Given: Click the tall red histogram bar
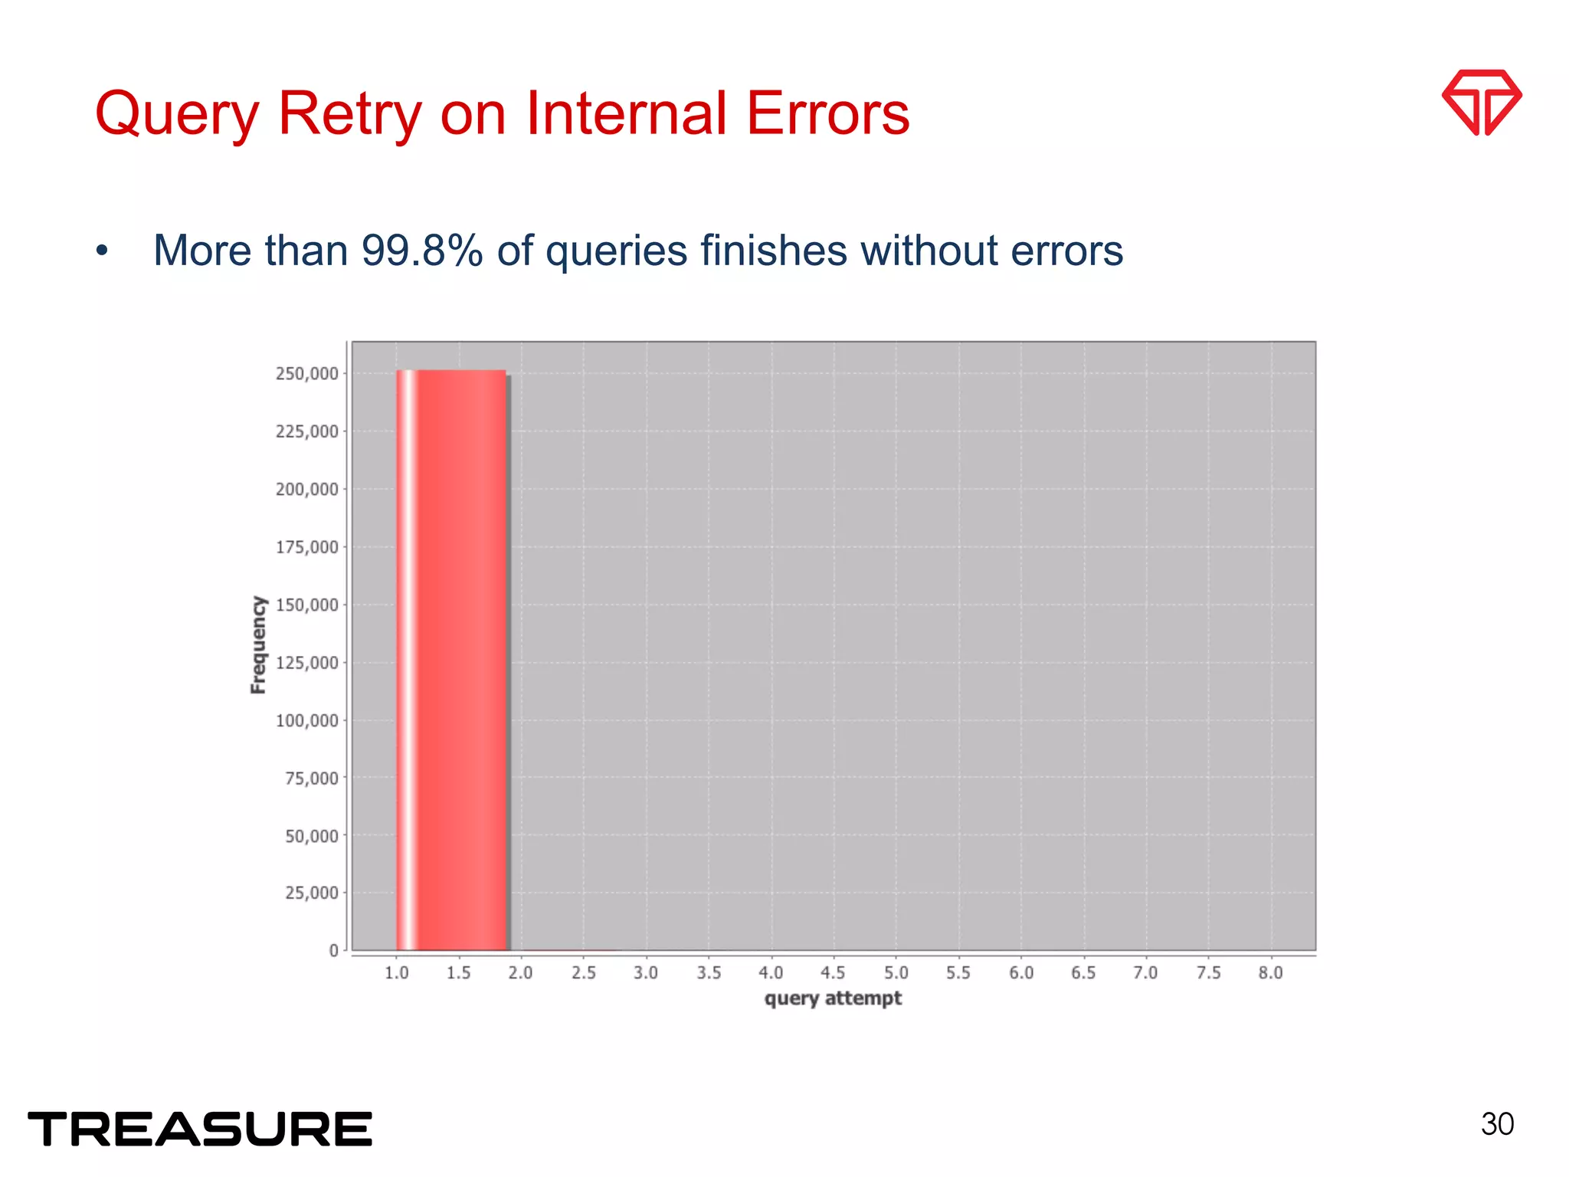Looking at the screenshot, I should [x=451, y=659].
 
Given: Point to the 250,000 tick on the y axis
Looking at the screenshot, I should [x=306, y=374].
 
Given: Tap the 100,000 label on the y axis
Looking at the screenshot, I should [x=306, y=720].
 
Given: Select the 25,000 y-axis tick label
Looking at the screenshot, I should [x=311, y=893].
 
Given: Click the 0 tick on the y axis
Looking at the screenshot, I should [x=334, y=951].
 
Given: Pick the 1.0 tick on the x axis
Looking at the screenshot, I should [x=396, y=973].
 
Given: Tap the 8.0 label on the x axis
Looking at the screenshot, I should [x=1270, y=973].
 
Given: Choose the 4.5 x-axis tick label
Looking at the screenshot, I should [x=833, y=973].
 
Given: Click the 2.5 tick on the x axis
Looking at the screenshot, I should [x=583, y=973].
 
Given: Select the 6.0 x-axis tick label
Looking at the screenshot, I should [x=1020, y=973].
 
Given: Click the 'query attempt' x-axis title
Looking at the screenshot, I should [x=833, y=998].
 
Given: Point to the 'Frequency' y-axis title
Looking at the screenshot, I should [x=259, y=644].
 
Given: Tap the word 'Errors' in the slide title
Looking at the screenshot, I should [x=827, y=113].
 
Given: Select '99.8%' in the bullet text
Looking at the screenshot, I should [x=422, y=251].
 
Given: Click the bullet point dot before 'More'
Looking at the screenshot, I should [x=103, y=251].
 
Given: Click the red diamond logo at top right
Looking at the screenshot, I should [x=1481, y=102].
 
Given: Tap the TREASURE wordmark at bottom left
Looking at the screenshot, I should [x=200, y=1129].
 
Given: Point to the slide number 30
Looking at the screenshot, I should [x=1497, y=1124].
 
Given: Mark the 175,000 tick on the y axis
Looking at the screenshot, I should [x=306, y=547].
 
